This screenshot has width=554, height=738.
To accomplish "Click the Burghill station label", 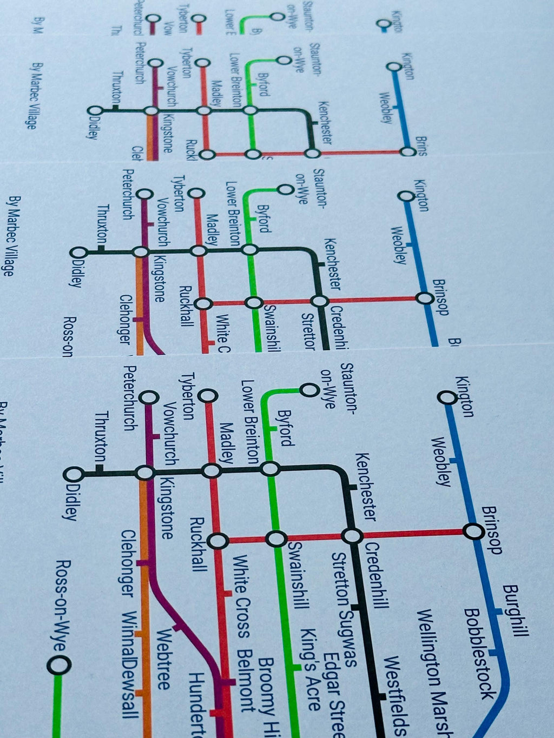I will pyautogui.click(x=515, y=610).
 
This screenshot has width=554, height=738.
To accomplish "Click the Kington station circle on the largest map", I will pyautogui.click(x=447, y=398).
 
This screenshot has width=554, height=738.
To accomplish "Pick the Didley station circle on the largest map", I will pyautogui.click(x=74, y=474).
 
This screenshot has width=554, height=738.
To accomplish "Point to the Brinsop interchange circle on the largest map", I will pyautogui.click(x=474, y=532).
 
